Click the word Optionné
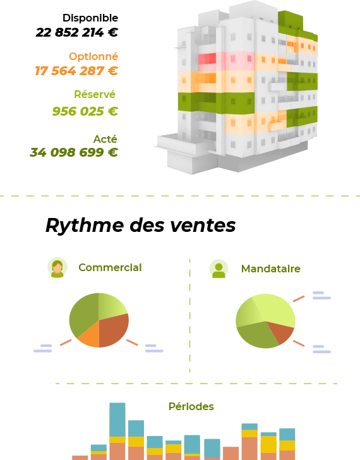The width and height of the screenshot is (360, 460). pos(93,56)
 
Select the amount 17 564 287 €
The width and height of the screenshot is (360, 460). pos(76,71)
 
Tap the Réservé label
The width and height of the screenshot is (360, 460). pos(95,94)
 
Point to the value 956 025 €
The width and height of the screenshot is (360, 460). pos(85,111)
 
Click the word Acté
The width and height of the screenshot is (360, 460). pos(105,138)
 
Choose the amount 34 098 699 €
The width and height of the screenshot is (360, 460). pos(74,152)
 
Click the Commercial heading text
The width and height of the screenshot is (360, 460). pos(110,267)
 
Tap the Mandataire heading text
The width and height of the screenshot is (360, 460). pos(270,269)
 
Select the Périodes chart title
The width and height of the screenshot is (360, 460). pos(191,406)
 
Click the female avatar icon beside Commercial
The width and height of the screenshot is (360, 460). pos(57,268)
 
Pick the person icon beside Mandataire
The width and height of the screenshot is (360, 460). pos(219,269)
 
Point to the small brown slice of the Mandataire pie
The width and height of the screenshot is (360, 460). pos(280,331)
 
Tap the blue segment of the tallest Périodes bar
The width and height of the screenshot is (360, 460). pos(117,419)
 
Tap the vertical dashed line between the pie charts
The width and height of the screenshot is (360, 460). pos(190,316)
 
